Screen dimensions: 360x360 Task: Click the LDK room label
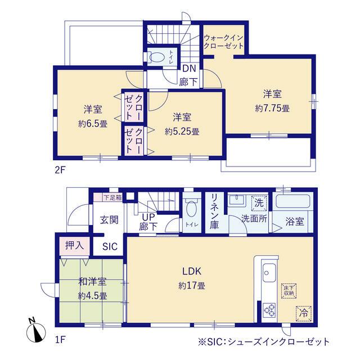click(x=192, y=271)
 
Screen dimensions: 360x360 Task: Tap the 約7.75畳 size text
click(x=272, y=108)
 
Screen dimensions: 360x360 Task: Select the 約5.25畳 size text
click(x=182, y=132)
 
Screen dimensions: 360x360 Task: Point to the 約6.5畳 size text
click(x=93, y=124)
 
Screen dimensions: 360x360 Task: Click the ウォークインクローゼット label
click(x=223, y=42)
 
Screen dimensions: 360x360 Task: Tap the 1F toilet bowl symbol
click(x=191, y=209)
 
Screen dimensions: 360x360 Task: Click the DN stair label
click(x=189, y=69)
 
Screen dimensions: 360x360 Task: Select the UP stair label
click(x=148, y=217)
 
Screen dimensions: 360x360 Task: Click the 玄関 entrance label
click(x=109, y=220)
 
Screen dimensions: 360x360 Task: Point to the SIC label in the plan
click(x=110, y=246)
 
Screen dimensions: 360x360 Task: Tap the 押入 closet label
click(x=74, y=245)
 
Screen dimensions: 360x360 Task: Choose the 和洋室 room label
click(x=92, y=281)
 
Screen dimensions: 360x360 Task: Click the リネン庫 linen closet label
click(x=215, y=211)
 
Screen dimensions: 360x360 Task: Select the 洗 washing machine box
click(x=259, y=203)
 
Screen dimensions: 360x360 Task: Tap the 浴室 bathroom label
click(x=295, y=222)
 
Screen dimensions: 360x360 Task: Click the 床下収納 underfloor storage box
click(x=289, y=291)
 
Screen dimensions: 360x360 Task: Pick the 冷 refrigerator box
click(x=304, y=313)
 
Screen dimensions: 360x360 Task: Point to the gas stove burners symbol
click(x=269, y=310)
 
